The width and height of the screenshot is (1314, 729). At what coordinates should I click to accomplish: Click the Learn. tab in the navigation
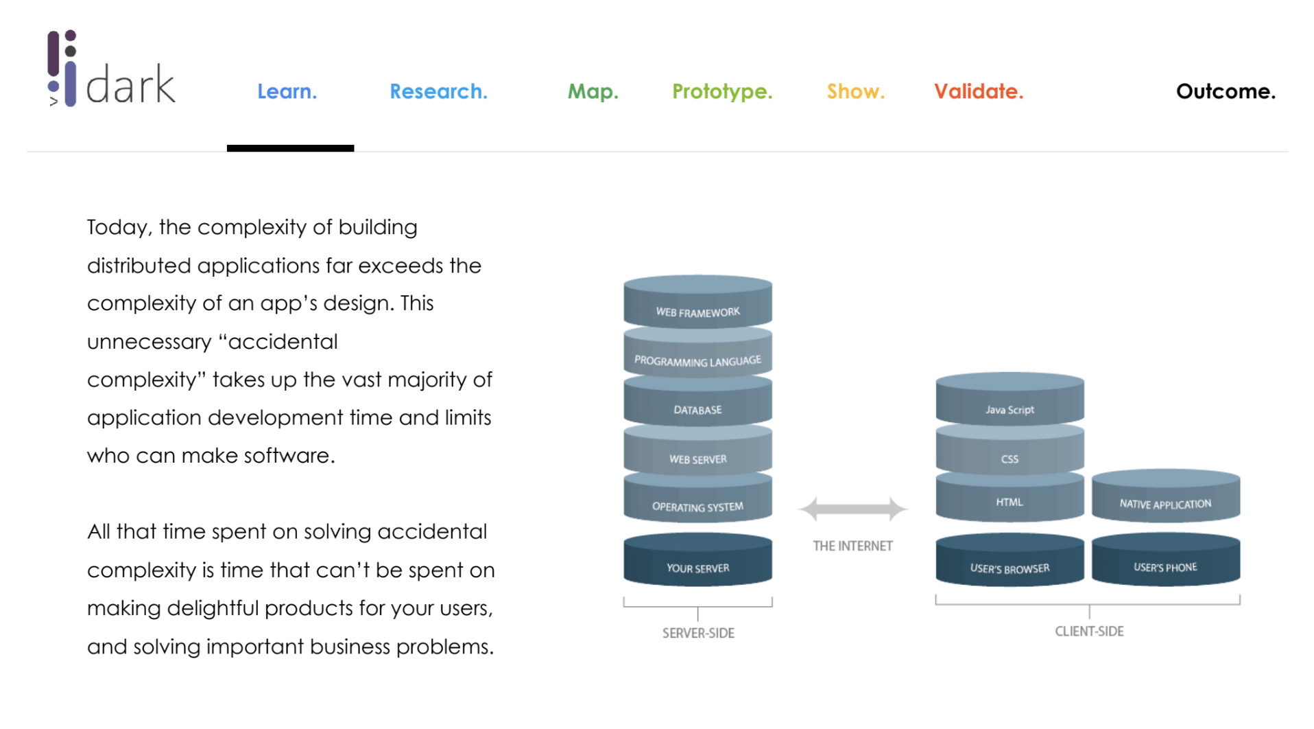pyautogui.click(x=287, y=91)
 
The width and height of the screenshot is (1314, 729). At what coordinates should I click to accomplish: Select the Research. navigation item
pyautogui.click(x=438, y=91)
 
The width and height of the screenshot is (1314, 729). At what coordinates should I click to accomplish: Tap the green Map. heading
pyautogui.click(x=593, y=91)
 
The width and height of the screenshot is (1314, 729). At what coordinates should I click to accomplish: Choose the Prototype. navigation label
pyautogui.click(x=721, y=91)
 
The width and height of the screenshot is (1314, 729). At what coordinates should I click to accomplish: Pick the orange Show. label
pyautogui.click(x=855, y=91)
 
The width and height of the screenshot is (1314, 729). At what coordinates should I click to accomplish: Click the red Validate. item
pyautogui.click(x=978, y=91)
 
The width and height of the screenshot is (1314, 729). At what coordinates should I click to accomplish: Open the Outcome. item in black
pyautogui.click(x=1225, y=91)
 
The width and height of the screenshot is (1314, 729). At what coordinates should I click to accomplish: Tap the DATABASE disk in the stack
pyautogui.click(x=697, y=406)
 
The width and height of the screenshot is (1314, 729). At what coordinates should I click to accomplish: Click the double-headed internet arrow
pyautogui.click(x=852, y=509)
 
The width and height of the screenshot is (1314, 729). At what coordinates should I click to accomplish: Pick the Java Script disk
pyautogui.click(x=1010, y=405)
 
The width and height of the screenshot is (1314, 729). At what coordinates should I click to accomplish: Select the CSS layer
pyautogui.click(x=1010, y=456)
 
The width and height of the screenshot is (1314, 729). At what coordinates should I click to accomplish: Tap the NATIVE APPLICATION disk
pyautogui.click(x=1165, y=500)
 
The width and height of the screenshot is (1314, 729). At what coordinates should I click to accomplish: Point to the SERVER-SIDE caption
pyautogui.click(x=697, y=633)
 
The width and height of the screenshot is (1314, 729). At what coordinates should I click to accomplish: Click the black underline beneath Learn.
pyautogui.click(x=290, y=148)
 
